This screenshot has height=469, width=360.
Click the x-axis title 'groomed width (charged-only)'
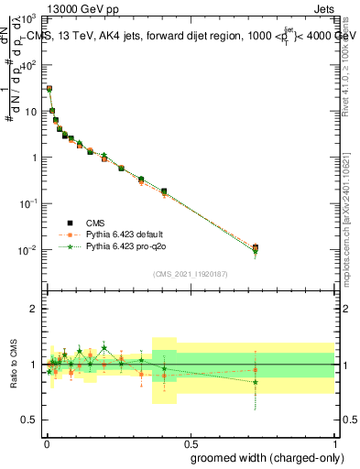(x=268, y=456)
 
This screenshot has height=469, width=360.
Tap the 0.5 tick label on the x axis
(x=190, y=442)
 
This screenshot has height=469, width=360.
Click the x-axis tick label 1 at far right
(x=334, y=442)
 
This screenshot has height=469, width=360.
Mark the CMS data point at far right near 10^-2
(x=256, y=247)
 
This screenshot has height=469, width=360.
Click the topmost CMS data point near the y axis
(x=49, y=89)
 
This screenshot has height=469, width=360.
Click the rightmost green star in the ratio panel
(x=256, y=381)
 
